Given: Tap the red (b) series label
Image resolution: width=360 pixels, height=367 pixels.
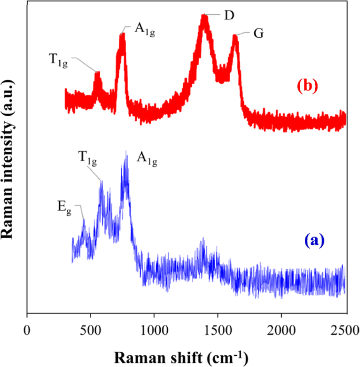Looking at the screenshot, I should pyautogui.click(x=307, y=86).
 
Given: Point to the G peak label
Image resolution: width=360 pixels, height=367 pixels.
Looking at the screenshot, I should pyautogui.click(x=258, y=33).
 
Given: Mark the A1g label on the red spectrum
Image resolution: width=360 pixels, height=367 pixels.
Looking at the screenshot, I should pyautogui.click(x=145, y=29).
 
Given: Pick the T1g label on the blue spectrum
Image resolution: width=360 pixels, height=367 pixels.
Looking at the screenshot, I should pyautogui.click(x=88, y=157).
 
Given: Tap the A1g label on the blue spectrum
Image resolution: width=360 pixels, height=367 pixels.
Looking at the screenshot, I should pyautogui.click(x=147, y=157).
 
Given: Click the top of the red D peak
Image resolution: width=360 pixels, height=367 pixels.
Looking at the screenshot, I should pyautogui.click(x=205, y=16).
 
